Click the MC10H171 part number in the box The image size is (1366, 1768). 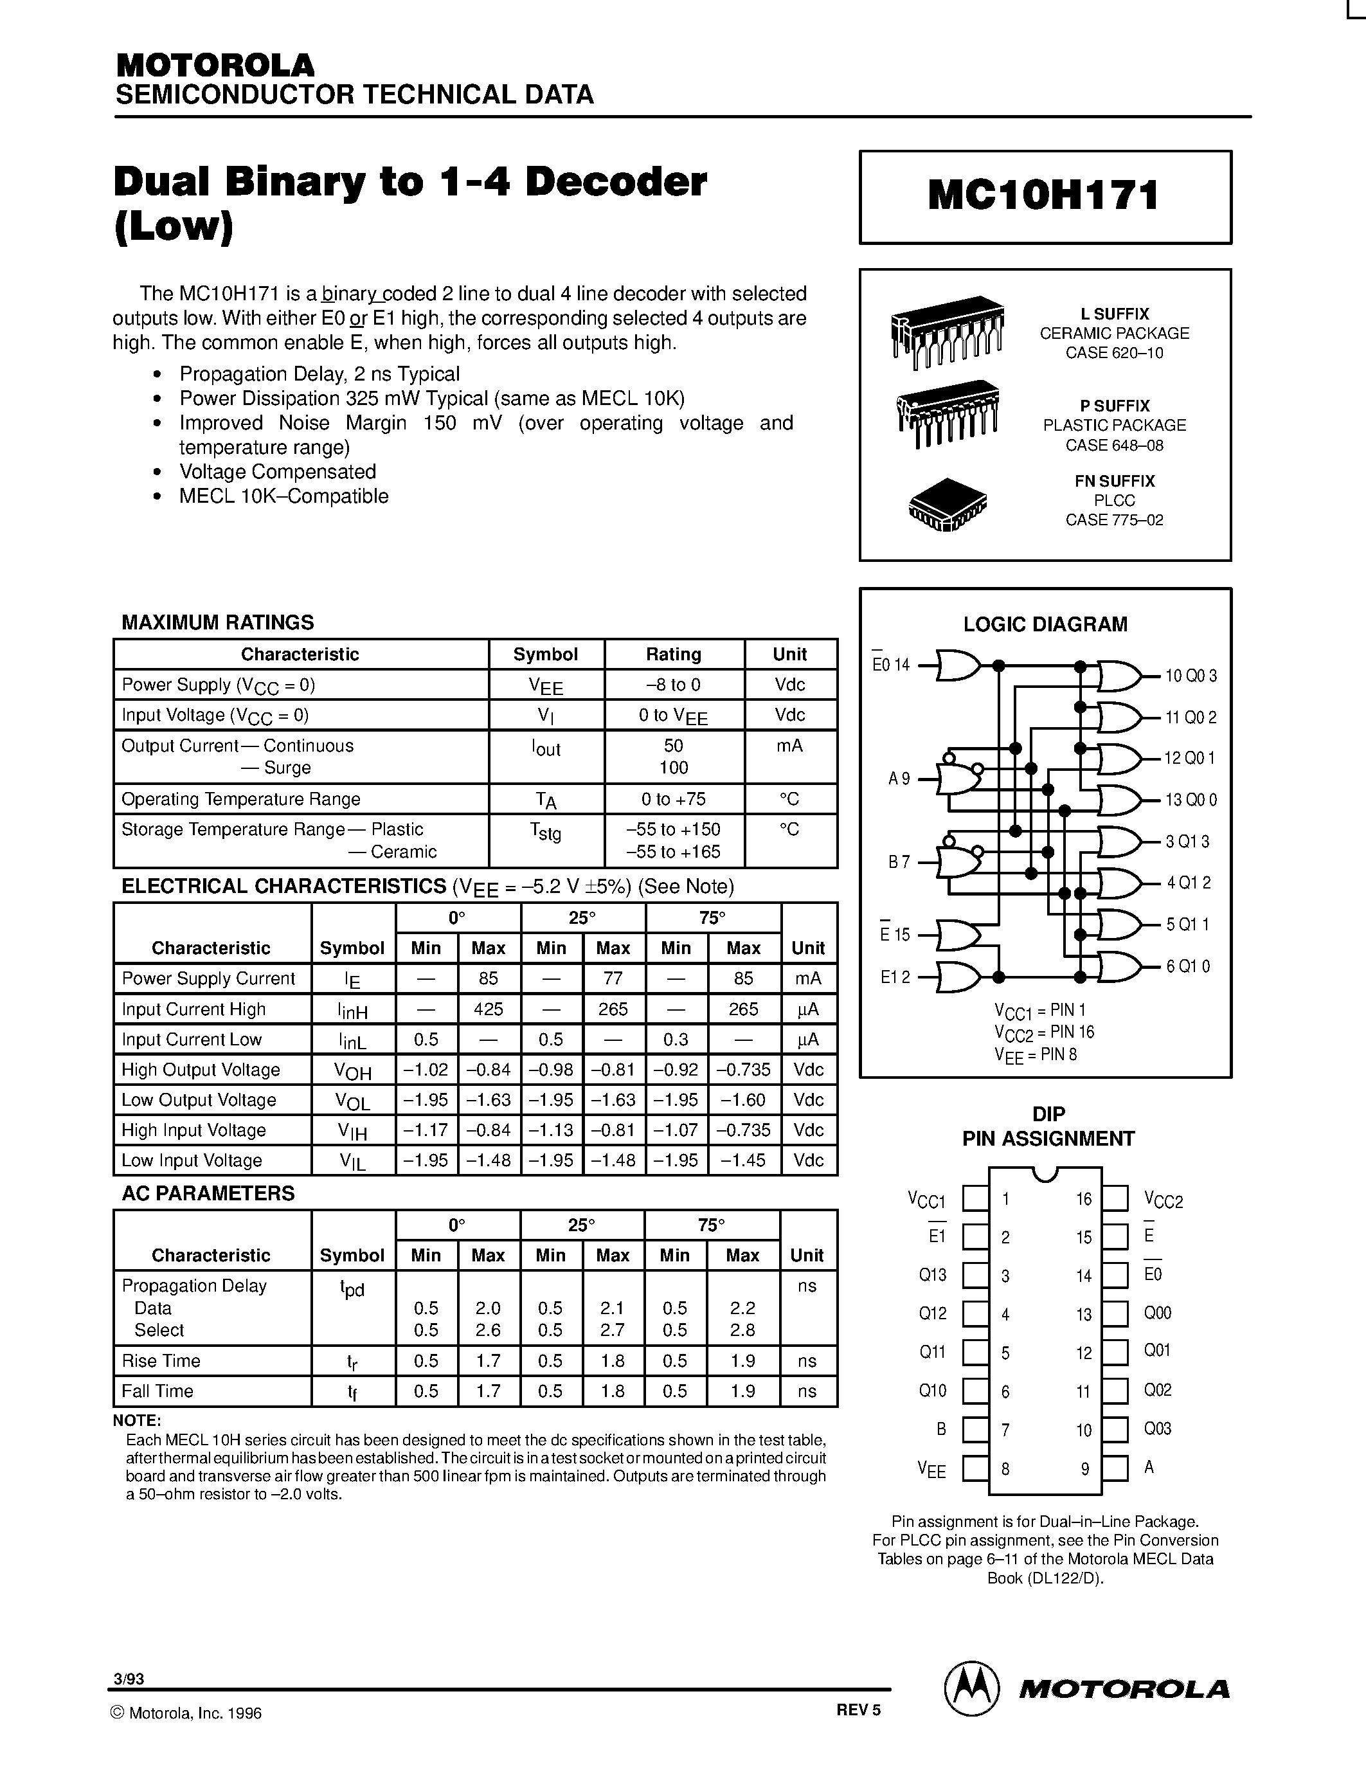click(x=1044, y=196)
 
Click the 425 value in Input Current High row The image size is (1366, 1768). click(x=488, y=1009)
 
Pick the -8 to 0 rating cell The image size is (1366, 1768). click(x=673, y=685)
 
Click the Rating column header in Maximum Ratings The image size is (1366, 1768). click(x=673, y=654)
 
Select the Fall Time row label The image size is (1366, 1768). click(x=157, y=1391)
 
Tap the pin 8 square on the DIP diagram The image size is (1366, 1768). click(x=975, y=1468)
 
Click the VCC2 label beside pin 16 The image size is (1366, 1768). click(x=1163, y=1200)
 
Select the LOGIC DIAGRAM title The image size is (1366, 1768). click(x=1045, y=624)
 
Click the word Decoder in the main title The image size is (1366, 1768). click(x=616, y=181)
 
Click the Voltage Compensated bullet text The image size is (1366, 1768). click(x=278, y=472)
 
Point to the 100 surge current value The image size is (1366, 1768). click(x=673, y=768)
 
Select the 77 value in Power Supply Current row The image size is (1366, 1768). click(x=613, y=978)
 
